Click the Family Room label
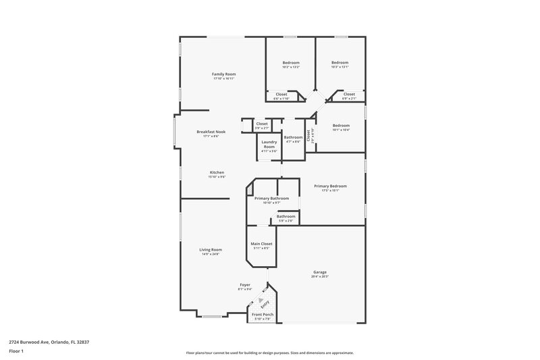223,74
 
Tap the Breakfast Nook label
211,132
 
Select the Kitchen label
217,172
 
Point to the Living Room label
211,249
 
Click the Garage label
320,272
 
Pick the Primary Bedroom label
330,186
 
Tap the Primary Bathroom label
271,198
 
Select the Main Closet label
261,243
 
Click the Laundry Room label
269,144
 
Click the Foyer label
244,284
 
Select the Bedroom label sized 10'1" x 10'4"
341,125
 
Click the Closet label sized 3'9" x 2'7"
262,124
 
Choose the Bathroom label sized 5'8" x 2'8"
286,216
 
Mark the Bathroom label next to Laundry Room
293,137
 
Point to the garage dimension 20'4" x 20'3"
320,276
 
